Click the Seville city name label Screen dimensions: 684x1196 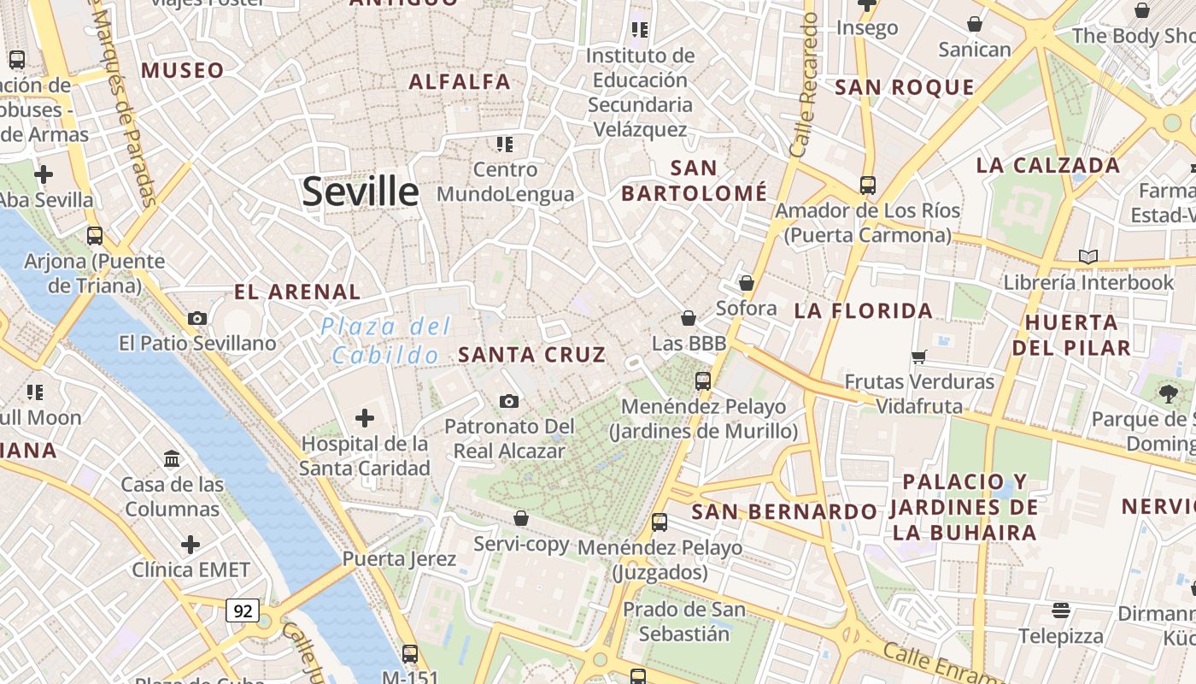361,192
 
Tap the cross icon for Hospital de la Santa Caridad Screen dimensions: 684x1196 365,418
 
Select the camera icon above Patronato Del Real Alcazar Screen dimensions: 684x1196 508,401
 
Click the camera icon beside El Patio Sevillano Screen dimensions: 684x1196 197,318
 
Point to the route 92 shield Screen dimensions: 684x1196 243,610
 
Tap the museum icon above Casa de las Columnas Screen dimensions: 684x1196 172,459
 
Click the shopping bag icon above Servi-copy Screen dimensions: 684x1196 521,518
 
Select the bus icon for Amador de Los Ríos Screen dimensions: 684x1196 868,185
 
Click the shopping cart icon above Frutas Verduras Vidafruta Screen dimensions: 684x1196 919,357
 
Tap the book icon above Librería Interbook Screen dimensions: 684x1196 1088,256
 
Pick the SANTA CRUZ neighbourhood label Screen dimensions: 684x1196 532,354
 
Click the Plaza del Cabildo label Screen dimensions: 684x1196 386,340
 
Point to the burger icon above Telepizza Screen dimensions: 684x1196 1061,610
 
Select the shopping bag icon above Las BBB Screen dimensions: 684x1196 689,319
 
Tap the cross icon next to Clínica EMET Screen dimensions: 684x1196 191,545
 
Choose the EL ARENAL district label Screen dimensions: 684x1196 297,292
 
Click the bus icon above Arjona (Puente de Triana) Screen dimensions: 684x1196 95,235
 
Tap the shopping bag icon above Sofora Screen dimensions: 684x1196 747,283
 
